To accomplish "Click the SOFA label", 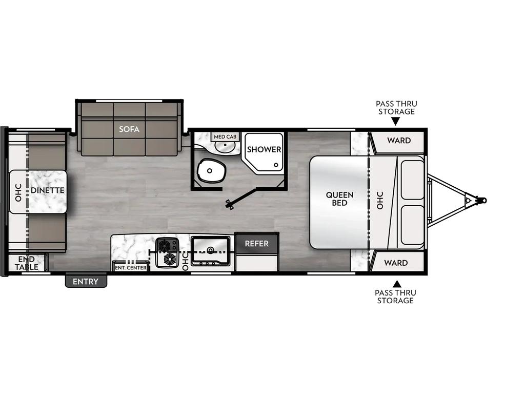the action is [129, 129].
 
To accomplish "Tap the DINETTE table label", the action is [48, 190].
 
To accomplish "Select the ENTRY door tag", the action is [86, 282].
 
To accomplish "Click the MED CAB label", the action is [225, 136].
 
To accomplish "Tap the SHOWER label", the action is [264, 149].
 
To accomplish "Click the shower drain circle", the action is [276, 165].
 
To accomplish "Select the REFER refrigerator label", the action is [256, 244].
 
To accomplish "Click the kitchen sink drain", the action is [210, 249].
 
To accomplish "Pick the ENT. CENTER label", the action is [131, 268].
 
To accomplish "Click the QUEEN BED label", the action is [339, 199].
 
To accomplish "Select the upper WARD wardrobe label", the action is [399, 141].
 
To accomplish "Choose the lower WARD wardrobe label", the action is [396, 263].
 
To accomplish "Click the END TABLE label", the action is [26, 263].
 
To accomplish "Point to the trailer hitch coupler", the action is [481, 201].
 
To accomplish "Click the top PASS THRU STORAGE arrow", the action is [395, 123].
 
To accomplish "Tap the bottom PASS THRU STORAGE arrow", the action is [397, 284].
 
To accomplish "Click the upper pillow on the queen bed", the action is [413, 180].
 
